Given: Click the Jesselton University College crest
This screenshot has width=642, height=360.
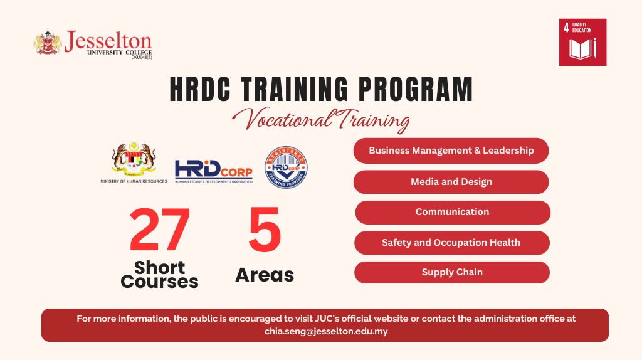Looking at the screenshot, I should tap(48, 43).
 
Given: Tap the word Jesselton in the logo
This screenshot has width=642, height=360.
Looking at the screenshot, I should tap(108, 41).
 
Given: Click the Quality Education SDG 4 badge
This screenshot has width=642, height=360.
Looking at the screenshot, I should tap(582, 42).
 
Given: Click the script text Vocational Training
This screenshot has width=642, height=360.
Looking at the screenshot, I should tap(320, 119).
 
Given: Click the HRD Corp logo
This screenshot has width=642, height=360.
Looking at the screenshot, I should tap(214, 171).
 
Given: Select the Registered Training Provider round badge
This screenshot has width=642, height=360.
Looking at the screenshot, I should tap(287, 167).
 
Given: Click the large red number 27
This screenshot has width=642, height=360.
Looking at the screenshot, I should tap(160, 230).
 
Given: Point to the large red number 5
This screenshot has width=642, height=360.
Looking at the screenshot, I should tap(265, 230).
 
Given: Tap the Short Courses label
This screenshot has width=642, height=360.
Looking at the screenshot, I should tap(159, 275).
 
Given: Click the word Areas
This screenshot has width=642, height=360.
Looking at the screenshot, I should tap(265, 275).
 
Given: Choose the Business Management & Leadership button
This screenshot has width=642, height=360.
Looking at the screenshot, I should tap(451, 151).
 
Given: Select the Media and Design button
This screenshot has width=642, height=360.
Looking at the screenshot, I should tap(451, 182).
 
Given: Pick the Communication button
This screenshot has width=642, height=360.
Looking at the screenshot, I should tap(452, 212).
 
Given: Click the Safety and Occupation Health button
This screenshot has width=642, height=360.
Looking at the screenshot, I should tap(451, 243).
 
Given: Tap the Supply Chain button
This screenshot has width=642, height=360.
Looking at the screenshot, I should tap(451, 272).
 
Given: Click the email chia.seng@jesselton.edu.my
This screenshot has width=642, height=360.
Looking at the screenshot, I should tap(326, 331).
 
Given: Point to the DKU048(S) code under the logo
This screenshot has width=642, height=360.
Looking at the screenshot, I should tap(141, 57).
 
